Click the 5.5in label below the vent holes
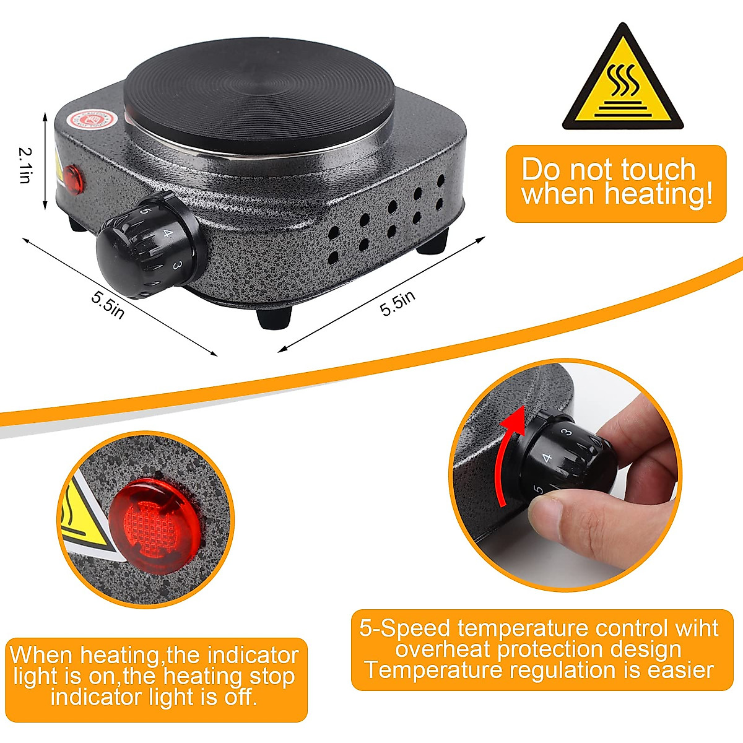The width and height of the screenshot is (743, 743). pyautogui.click(x=397, y=303)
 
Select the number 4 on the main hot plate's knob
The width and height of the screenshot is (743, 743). pyautogui.click(x=167, y=234)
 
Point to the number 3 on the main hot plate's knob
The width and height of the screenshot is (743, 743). pyautogui.click(x=177, y=265)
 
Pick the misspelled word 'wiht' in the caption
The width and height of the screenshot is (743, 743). pyautogui.click(x=697, y=628)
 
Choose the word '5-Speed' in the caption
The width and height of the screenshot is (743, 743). pyautogui.click(x=406, y=628)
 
